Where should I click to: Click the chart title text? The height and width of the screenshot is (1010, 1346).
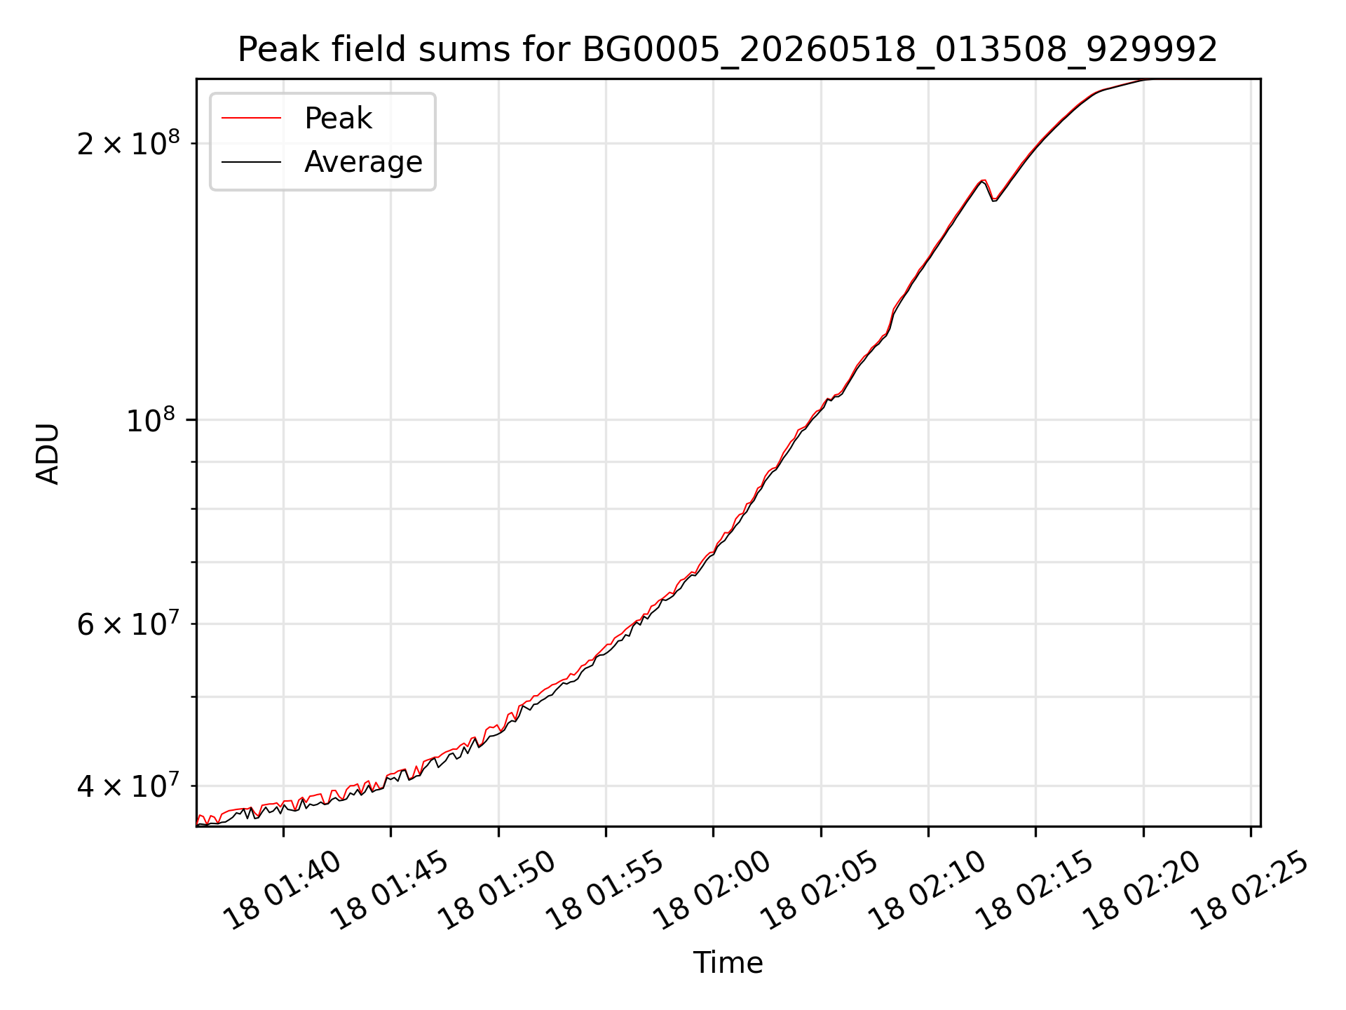click(728, 50)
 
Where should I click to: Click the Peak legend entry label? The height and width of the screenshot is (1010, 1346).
click(338, 119)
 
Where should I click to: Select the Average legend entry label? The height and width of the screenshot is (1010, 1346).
click(363, 162)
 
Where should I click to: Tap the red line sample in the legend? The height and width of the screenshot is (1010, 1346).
click(252, 119)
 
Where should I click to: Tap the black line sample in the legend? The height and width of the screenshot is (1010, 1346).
click(252, 162)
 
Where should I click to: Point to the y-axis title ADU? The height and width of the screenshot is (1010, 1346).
click(48, 453)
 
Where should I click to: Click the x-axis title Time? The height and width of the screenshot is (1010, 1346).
click(728, 962)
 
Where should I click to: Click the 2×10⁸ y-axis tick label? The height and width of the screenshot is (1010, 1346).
click(128, 143)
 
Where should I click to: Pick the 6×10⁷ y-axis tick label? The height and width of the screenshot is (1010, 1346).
click(128, 624)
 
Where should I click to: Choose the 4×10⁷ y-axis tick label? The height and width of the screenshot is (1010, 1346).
click(128, 786)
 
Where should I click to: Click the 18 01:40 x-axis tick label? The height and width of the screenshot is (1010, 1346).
click(282, 890)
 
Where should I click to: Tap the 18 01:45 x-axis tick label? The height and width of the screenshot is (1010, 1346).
click(389, 890)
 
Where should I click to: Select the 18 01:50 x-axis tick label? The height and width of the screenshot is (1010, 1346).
click(497, 890)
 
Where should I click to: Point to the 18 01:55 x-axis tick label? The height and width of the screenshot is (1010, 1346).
click(604, 890)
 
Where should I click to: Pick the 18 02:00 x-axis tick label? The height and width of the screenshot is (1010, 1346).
click(712, 890)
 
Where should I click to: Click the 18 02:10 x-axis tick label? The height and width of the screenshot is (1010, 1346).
click(927, 890)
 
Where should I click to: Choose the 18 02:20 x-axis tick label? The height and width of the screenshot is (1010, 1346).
click(1142, 890)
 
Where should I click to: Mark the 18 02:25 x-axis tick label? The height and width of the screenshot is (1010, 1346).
click(1250, 890)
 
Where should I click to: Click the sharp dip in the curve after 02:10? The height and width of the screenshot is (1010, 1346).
click(993, 200)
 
